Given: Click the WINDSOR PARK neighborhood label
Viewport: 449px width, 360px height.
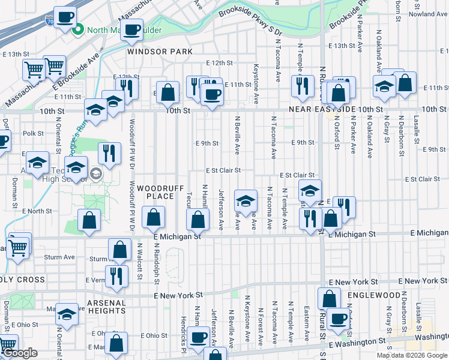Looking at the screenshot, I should coord(160,52).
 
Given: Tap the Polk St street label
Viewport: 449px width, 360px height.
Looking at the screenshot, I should coord(33,133).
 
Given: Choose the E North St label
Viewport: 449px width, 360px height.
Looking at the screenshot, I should coord(37,211).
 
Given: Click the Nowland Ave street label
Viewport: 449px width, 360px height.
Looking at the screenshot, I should coord(429,14).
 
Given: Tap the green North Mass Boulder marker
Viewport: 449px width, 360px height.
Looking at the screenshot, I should coord(77,29).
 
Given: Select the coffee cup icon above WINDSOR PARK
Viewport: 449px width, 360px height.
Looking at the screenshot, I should coord(131,29).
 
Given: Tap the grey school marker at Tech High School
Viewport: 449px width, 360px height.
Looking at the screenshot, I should coord(95,174).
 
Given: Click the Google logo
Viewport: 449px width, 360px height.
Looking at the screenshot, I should coord(20,353).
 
